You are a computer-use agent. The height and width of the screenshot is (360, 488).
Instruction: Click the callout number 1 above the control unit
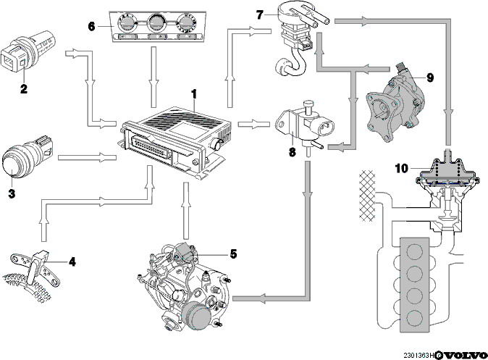(x=194, y=94)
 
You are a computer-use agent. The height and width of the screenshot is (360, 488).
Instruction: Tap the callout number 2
(x=24, y=89)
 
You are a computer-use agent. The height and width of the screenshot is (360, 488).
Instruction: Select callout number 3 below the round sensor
(x=12, y=193)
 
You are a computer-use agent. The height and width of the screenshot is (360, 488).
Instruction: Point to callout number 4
(x=72, y=261)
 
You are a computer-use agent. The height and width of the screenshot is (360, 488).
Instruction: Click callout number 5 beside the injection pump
(x=233, y=254)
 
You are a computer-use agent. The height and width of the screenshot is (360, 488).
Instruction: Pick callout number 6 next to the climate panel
(x=91, y=27)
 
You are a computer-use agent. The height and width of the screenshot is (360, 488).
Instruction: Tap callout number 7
(x=259, y=14)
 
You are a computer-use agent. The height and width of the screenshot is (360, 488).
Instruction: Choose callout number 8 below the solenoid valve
(x=293, y=152)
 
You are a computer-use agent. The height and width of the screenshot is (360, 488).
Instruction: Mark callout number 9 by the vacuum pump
(x=430, y=78)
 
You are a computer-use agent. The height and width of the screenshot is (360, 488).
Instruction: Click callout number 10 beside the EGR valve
(x=402, y=169)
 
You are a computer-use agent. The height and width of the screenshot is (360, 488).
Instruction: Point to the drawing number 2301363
(x=416, y=356)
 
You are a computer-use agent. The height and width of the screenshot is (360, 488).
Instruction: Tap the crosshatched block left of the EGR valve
(x=367, y=196)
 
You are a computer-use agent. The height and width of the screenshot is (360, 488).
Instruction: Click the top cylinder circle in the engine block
(x=414, y=251)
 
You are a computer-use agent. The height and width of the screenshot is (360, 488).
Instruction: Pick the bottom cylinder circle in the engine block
(x=414, y=318)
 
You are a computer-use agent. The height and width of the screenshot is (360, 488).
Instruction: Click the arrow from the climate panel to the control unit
(x=153, y=77)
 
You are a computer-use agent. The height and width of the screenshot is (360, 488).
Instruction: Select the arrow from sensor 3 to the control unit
(x=87, y=158)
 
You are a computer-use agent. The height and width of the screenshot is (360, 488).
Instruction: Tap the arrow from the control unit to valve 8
(x=253, y=125)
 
